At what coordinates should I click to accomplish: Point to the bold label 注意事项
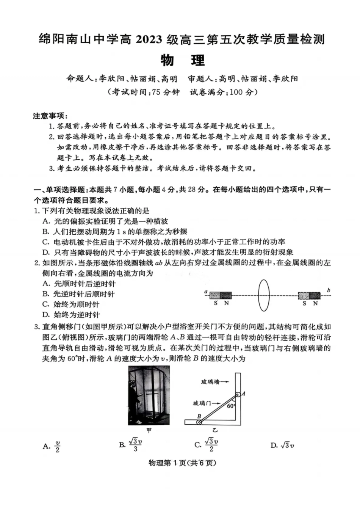pos(50,116)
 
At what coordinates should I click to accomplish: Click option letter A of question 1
pos(46,221)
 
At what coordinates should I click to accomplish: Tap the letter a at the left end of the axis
pos(205,292)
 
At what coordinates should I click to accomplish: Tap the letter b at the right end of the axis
pos(328,290)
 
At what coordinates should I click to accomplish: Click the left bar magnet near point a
pos(220,295)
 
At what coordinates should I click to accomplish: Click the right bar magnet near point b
pos(309,295)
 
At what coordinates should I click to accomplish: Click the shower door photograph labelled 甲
pos(149,395)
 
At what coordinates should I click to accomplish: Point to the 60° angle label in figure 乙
pos(231,406)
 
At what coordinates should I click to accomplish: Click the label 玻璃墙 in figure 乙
pos(210,382)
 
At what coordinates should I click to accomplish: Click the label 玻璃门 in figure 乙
pos(202,403)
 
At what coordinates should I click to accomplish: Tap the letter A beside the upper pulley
pos(243,394)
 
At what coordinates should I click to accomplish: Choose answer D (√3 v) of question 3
pos(282,445)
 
